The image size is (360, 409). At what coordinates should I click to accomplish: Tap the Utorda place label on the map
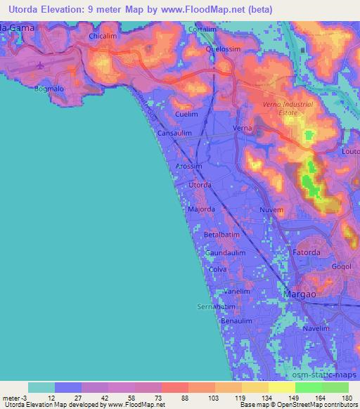point(200,185)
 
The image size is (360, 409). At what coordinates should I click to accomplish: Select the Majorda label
point(200,209)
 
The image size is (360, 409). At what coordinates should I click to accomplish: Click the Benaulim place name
point(236,320)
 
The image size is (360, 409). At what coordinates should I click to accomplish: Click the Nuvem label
point(271,210)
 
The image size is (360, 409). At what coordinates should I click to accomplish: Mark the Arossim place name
point(188,166)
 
